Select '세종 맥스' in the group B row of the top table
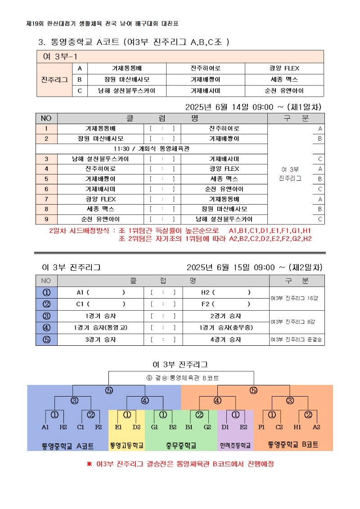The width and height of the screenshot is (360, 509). pyautogui.click(x=284, y=80)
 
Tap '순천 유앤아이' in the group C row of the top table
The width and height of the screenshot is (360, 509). pyautogui.click(x=284, y=91)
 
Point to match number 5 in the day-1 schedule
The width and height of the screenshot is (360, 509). pyautogui.click(x=46, y=179)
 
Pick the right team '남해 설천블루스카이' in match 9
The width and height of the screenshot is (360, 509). pyautogui.click(x=224, y=219)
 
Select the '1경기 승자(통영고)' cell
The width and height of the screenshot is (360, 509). pyautogui.click(x=100, y=327)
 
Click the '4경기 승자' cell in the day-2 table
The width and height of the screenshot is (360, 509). pyautogui.click(x=224, y=339)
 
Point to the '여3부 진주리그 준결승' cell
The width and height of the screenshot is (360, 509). pyautogui.click(x=297, y=340)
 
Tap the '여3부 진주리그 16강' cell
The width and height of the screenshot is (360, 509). pyautogui.click(x=297, y=298)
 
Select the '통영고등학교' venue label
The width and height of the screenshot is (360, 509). pyautogui.click(x=126, y=446)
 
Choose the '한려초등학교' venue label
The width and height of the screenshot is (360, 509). pyautogui.click(x=235, y=446)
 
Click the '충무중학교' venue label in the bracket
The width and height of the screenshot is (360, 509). pyautogui.click(x=181, y=446)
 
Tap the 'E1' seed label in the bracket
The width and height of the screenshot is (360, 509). pyautogui.click(x=118, y=427)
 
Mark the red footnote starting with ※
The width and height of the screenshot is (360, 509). pyautogui.click(x=180, y=464)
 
